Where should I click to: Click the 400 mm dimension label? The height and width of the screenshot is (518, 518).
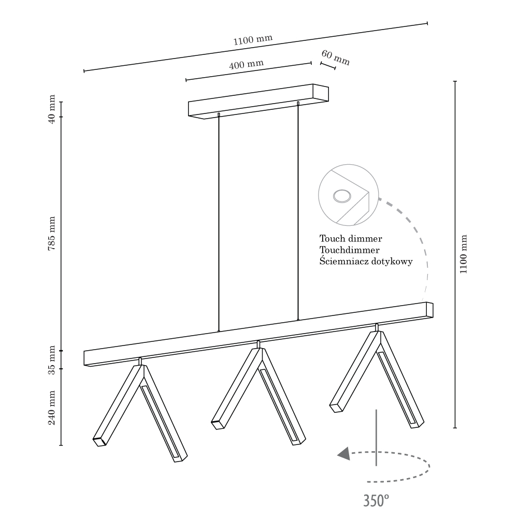click(246, 65)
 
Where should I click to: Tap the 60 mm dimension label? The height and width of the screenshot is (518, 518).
click(335, 58)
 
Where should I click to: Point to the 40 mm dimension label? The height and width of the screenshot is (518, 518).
click(52, 109)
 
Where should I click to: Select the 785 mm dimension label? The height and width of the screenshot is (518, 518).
click(52, 234)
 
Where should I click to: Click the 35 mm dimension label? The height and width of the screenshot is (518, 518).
click(52, 360)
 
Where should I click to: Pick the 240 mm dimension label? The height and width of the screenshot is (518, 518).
click(52, 408)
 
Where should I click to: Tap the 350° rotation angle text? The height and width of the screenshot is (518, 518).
click(376, 500)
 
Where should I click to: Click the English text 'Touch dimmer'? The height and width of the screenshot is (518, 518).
click(351, 239)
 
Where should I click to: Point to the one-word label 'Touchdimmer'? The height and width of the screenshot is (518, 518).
click(350, 250)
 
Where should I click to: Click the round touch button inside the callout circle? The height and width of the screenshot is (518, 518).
click(341, 196)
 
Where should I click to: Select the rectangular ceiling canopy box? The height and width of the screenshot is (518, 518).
click(258, 102)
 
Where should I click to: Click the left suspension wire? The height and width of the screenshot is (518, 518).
click(219, 223)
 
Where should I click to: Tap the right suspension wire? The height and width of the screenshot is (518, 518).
click(298, 212)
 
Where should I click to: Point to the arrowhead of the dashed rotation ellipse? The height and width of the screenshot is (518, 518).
click(343, 454)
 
